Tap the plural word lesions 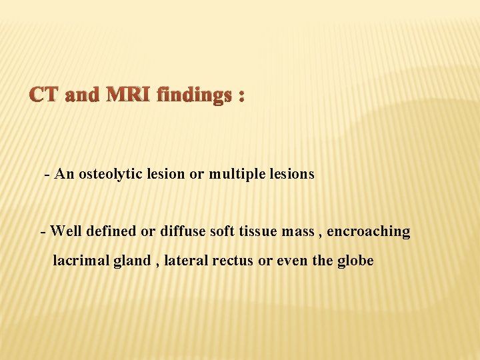291,175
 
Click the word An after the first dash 65,175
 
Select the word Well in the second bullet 65,231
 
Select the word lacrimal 76,261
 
